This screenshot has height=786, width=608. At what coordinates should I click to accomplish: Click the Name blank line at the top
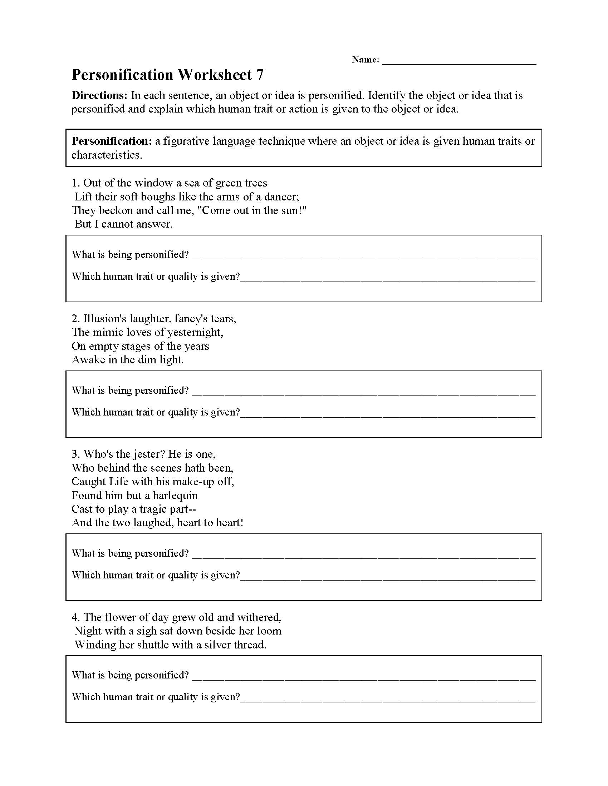coord(459,61)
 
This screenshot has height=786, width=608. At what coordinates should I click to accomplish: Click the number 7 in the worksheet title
coord(260,75)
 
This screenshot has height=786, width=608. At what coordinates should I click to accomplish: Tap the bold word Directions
coord(99,95)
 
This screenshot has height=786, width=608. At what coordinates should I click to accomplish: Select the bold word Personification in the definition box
coord(112,141)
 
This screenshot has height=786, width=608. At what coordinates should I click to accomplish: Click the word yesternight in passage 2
coord(194,332)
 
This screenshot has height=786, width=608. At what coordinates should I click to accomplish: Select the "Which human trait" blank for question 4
coord(388,698)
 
